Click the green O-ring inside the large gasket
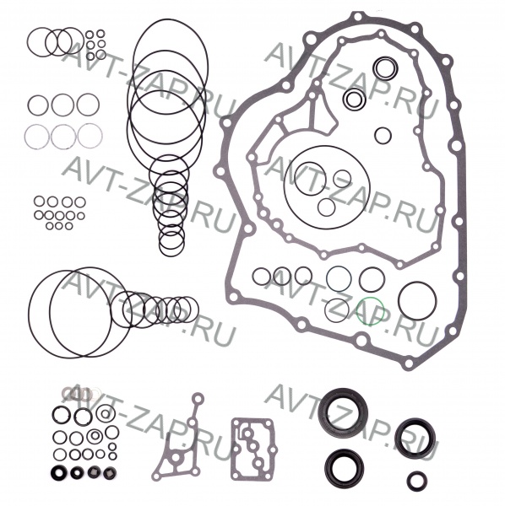click(x=357, y=311)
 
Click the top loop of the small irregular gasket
click(x=198, y=392)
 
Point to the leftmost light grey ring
click(x=25, y=137)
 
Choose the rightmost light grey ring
click(x=78, y=136)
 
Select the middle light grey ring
click(x=52, y=137)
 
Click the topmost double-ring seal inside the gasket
click(x=374, y=67)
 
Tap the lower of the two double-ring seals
click(x=345, y=100)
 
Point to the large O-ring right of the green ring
click(x=399, y=301)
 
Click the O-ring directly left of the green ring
click(x=326, y=310)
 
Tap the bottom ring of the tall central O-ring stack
click(x=160, y=244)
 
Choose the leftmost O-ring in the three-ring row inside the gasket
click(x=253, y=277)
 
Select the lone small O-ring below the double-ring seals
click(x=375, y=136)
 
